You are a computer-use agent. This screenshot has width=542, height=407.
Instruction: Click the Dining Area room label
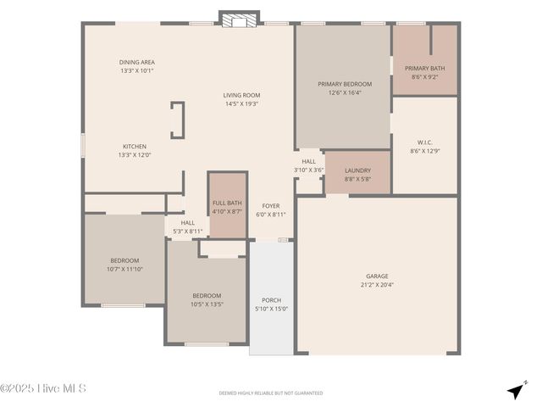[x=136, y=62]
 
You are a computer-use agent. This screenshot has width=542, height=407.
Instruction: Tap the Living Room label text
[x=241, y=95]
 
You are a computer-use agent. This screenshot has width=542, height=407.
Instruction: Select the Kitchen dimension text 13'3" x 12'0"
[x=135, y=155]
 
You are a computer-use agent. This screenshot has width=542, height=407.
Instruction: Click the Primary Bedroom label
[x=344, y=84]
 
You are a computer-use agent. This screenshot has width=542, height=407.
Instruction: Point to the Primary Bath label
[x=423, y=69]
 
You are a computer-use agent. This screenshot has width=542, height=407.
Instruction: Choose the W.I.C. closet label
[x=424, y=142]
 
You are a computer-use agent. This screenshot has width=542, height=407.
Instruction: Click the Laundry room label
[x=357, y=170]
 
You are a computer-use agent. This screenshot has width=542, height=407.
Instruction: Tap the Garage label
[x=377, y=276]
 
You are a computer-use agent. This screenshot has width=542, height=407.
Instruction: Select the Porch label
[x=271, y=300]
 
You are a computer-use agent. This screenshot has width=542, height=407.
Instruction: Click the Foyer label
[x=271, y=206]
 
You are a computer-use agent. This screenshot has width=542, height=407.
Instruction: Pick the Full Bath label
[x=227, y=203]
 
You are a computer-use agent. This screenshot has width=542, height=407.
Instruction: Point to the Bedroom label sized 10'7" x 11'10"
[x=124, y=260]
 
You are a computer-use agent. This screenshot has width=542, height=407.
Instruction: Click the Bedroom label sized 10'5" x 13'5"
[x=206, y=295]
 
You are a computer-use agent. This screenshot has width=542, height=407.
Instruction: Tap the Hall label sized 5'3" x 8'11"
[x=187, y=223]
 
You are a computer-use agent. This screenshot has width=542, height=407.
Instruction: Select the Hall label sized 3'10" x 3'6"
[x=308, y=161]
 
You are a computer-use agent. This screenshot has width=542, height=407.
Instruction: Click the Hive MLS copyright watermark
[x=43, y=389]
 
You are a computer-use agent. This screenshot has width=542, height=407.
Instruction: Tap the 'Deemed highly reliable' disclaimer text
[x=271, y=393]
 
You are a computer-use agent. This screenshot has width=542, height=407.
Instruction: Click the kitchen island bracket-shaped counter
[x=178, y=120]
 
